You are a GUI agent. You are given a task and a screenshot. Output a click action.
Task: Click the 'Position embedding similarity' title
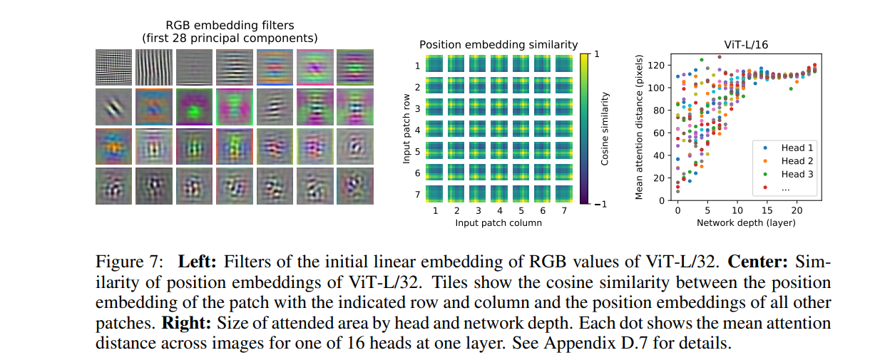(498, 45)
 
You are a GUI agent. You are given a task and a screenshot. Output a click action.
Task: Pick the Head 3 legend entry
(792, 174)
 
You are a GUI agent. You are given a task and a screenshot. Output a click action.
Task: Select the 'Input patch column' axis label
(498, 223)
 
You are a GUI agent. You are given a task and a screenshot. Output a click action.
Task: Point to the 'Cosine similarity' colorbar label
(605, 129)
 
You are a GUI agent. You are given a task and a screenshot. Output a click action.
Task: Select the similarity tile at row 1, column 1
(435, 66)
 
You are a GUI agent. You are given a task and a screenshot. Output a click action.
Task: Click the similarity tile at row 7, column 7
(563, 193)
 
